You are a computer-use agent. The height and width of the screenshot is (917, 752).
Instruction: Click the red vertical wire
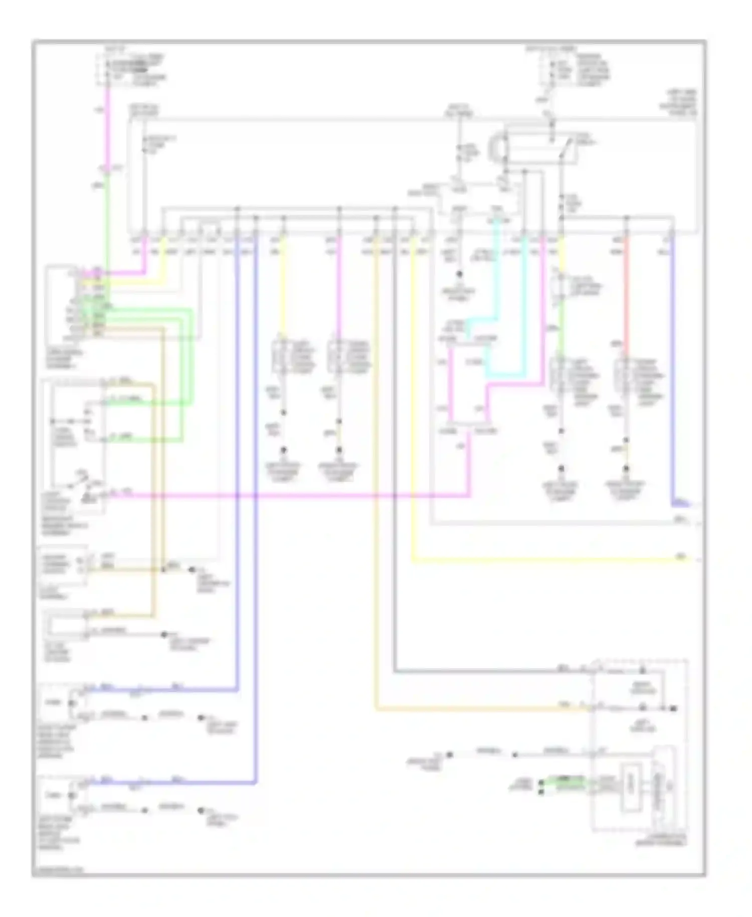[626, 291]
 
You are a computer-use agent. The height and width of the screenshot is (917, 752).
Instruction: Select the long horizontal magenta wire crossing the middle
[301, 496]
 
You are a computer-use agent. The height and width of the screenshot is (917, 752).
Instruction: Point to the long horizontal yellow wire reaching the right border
[551, 559]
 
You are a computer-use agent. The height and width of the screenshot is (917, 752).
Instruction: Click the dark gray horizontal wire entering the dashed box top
[476, 671]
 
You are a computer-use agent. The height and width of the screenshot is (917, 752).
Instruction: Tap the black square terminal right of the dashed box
[674, 708]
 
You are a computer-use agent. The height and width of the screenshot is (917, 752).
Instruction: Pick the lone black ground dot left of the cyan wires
[458, 274]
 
